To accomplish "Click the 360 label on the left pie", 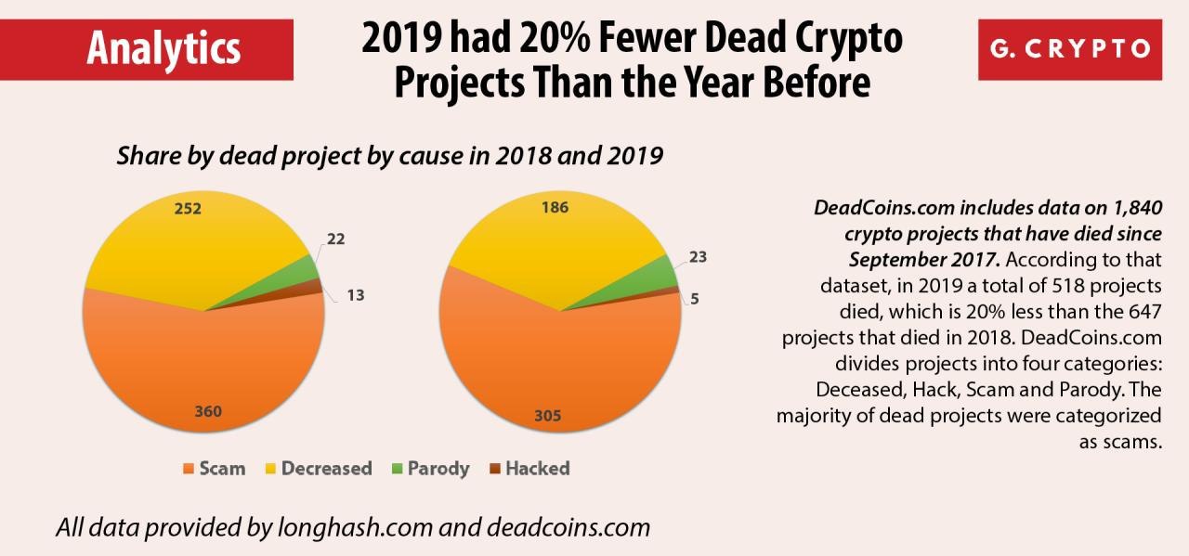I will click(208, 413).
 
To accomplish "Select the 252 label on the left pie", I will click(189, 209).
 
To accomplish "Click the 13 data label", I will click(357, 295).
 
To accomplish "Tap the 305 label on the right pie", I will click(548, 416).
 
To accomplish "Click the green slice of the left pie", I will click(305, 270).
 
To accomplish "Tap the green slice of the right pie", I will click(661, 272).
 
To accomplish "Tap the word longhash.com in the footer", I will click(355, 528).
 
